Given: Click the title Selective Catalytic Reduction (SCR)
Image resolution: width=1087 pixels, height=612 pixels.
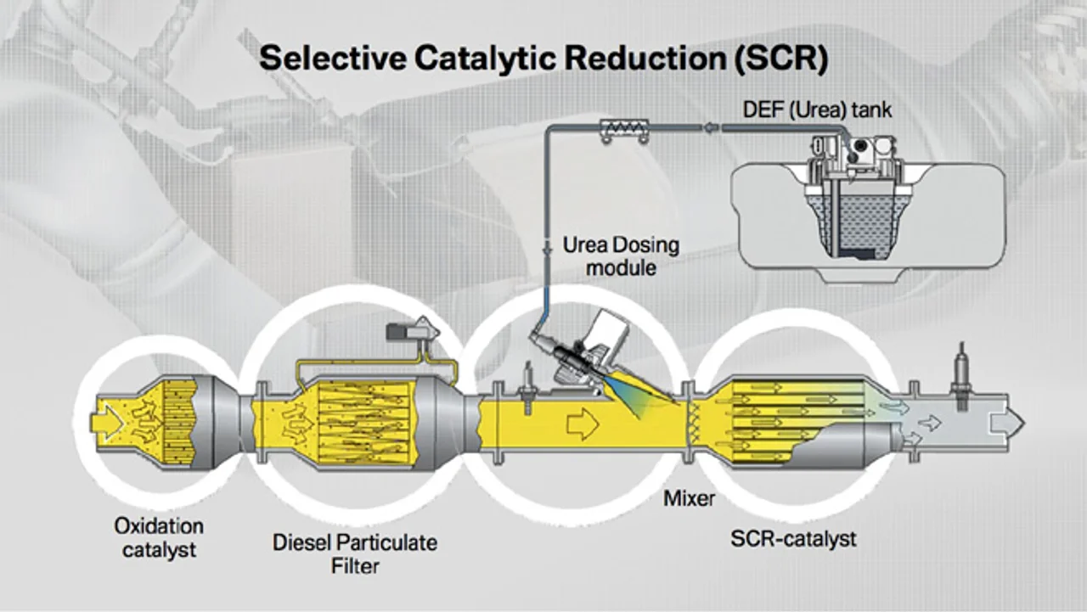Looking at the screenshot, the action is (x=543, y=59).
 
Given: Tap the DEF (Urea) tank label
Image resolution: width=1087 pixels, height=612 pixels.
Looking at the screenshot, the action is (x=817, y=109).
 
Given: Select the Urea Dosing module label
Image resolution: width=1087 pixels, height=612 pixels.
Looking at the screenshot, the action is (x=621, y=256).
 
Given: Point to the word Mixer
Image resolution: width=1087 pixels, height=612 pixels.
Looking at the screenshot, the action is (x=689, y=498).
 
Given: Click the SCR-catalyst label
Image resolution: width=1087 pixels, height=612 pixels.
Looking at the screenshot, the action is (x=793, y=539).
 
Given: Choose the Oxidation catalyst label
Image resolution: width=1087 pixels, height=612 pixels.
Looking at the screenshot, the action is (x=159, y=538).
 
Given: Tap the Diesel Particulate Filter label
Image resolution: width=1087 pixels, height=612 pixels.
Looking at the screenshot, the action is (x=355, y=554).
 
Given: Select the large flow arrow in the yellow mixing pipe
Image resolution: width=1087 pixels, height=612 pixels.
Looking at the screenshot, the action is (x=583, y=424).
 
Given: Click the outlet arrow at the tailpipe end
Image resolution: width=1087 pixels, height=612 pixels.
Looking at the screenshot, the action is (x=1007, y=423).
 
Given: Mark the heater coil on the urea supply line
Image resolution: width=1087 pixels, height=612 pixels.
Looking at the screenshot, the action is (x=624, y=130).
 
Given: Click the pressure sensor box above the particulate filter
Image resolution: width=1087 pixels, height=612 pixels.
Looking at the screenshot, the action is (x=413, y=331).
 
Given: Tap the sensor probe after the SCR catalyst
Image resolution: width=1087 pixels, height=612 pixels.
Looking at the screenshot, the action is (x=960, y=376).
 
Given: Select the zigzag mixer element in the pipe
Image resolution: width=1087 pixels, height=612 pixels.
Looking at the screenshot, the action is (x=694, y=422).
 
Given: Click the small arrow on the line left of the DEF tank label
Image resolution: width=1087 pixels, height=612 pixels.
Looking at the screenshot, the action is (x=711, y=128).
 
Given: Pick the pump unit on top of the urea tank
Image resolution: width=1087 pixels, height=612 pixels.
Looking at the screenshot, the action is (x=853, y=154).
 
